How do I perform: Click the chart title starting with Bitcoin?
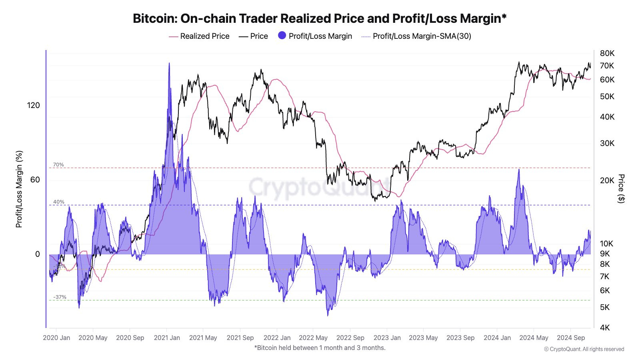(320, 18)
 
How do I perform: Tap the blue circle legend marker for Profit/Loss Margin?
(282, 36)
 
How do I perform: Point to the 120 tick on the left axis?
(34, 105)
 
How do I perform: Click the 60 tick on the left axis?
(35, 180)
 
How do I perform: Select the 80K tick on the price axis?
(607, 53)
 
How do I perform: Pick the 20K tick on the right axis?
(607, 180)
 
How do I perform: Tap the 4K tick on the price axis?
(605, 328)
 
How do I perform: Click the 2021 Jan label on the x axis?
(167, 338)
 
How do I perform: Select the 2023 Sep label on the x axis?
(460, 338)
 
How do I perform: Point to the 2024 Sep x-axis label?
(571, 338)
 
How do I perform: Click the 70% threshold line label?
(58, 165)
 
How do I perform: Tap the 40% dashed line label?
(59, 202)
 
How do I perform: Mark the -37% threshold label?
(60, 297)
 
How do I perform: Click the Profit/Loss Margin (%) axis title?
(19, 189)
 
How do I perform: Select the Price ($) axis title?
(621, 188)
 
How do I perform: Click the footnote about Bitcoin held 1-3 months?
(320, 348)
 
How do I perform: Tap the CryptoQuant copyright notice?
(584, 349)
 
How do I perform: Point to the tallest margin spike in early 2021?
(169, 64)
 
